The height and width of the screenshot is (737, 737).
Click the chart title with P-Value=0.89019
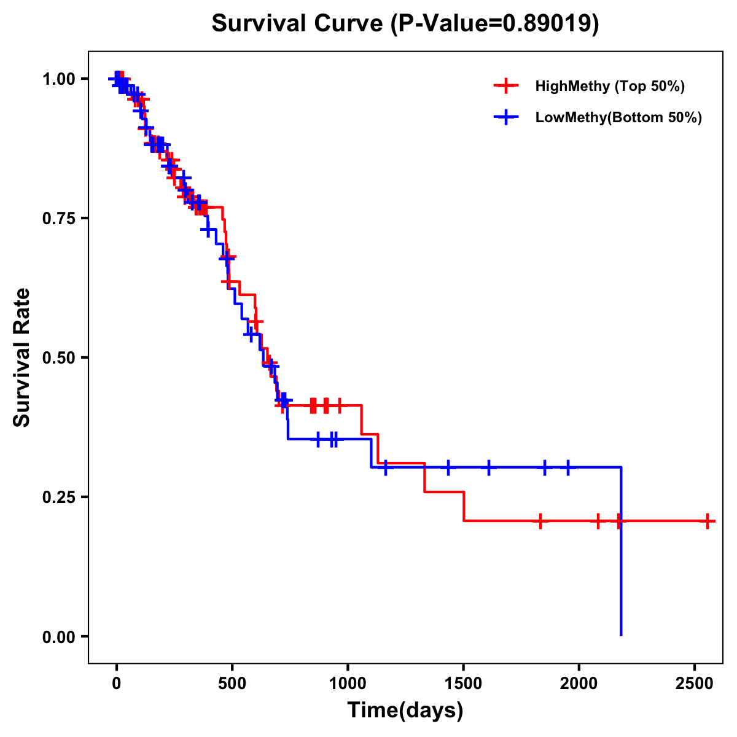click(405, 24)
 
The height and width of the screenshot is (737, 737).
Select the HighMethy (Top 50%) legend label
click(610, 86)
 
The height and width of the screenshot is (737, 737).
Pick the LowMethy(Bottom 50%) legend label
click(618, 117)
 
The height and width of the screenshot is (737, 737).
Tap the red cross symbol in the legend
click(506, 86)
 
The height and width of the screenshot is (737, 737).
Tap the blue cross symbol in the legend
click(506, 117)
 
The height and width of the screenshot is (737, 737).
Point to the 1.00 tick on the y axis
click(58, 79)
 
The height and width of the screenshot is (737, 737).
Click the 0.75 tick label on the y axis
click(58, 218)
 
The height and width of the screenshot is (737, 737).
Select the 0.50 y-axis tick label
click(58, 357)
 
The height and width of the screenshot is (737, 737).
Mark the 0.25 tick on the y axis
click(58, 497)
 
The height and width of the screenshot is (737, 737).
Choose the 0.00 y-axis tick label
click(58, 636)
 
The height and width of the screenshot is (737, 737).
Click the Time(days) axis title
click(405, 711)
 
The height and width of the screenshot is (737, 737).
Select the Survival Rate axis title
click(22, 357)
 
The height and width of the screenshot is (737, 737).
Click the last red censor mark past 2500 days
click(708, 521)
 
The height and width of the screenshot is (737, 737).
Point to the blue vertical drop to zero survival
click(621, 553)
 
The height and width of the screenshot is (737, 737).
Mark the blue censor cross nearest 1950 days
click(567, 467)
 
